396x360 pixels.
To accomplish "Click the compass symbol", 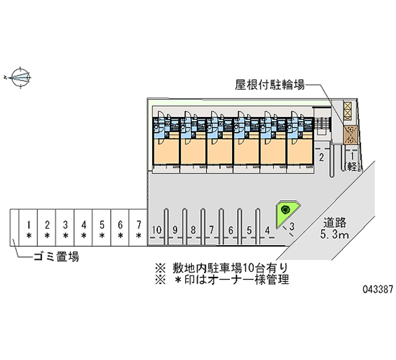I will click(x=20, y=77).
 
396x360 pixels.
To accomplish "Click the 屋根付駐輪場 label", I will click(x=269, y=85).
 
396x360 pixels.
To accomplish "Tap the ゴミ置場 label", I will click(x=56, y=257).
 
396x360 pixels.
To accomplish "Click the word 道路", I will click(x=335, y=222).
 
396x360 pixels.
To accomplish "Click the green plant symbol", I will click(x=285, y=210).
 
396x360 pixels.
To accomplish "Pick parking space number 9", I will click(x=175, y=230).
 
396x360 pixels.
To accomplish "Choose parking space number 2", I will click(x=321, y=158).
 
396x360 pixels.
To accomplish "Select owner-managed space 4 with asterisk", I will click(x=84, y=229).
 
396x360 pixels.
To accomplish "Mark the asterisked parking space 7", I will click(x=139, y=229).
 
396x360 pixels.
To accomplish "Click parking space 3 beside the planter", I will click(x=293, y=227).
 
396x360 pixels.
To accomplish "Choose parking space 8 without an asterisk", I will click(x=194, y=230).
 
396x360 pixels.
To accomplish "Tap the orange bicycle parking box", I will click(x=351, y=134).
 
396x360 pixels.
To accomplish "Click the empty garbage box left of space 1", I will click(x=14, y=228).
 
